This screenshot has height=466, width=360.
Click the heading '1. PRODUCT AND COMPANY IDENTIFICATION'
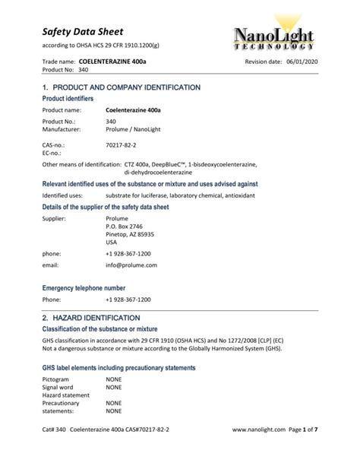pyautogui.click(x=121, y=87)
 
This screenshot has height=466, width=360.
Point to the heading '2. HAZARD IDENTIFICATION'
pyautogui.click(x=90, y=317)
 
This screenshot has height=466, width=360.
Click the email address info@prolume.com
pyautogui.click(x=131, y=265)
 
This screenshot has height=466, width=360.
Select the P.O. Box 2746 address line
pyautogui.click(x=125, y=226)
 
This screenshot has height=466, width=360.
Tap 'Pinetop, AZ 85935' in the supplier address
pyautogui.click(x=130, y=234)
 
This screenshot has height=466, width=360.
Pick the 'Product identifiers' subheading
pyautogui.click(x=68, y=99)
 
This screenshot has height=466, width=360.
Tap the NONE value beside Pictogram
pyautogui.click(x=114, y=379)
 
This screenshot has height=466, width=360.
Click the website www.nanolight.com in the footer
pyautogui.click(x=258, y=450)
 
